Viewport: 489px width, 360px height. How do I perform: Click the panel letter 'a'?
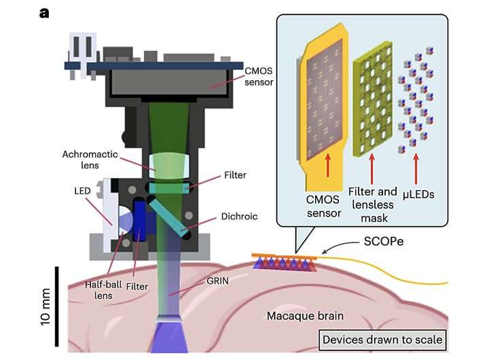44,13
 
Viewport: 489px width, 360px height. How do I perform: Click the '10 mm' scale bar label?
46,308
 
